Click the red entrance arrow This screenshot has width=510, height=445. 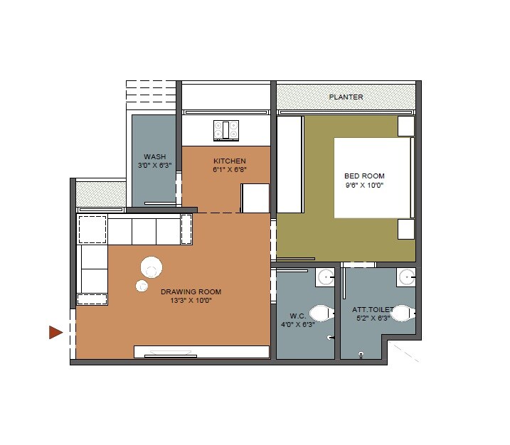click(55, 332)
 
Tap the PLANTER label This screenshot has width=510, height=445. click(346, 97)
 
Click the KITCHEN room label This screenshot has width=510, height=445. click(229, 161)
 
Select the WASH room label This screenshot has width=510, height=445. click(154, 157)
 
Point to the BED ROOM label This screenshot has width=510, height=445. click(364, 176)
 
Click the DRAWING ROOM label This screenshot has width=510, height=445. click(191, 291)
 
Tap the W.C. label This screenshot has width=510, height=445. click(297, 315)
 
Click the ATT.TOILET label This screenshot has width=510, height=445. click(372, 310)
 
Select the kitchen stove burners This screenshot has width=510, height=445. click(226, 130)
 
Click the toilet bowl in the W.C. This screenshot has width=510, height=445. click(322, 313)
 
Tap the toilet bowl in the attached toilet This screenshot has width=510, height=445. click(402, 313)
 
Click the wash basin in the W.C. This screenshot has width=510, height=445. click(326, 277)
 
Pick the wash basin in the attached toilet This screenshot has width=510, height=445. click(406, 277)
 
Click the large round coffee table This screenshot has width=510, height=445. click(152, 267)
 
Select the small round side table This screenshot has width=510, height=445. click(141, 286)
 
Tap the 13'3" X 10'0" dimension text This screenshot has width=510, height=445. click(191, 301)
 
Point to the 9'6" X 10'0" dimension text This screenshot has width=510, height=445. click(364, 186)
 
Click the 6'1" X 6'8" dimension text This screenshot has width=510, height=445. click(229, 171)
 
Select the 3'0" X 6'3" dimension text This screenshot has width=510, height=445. click(154, 166)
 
